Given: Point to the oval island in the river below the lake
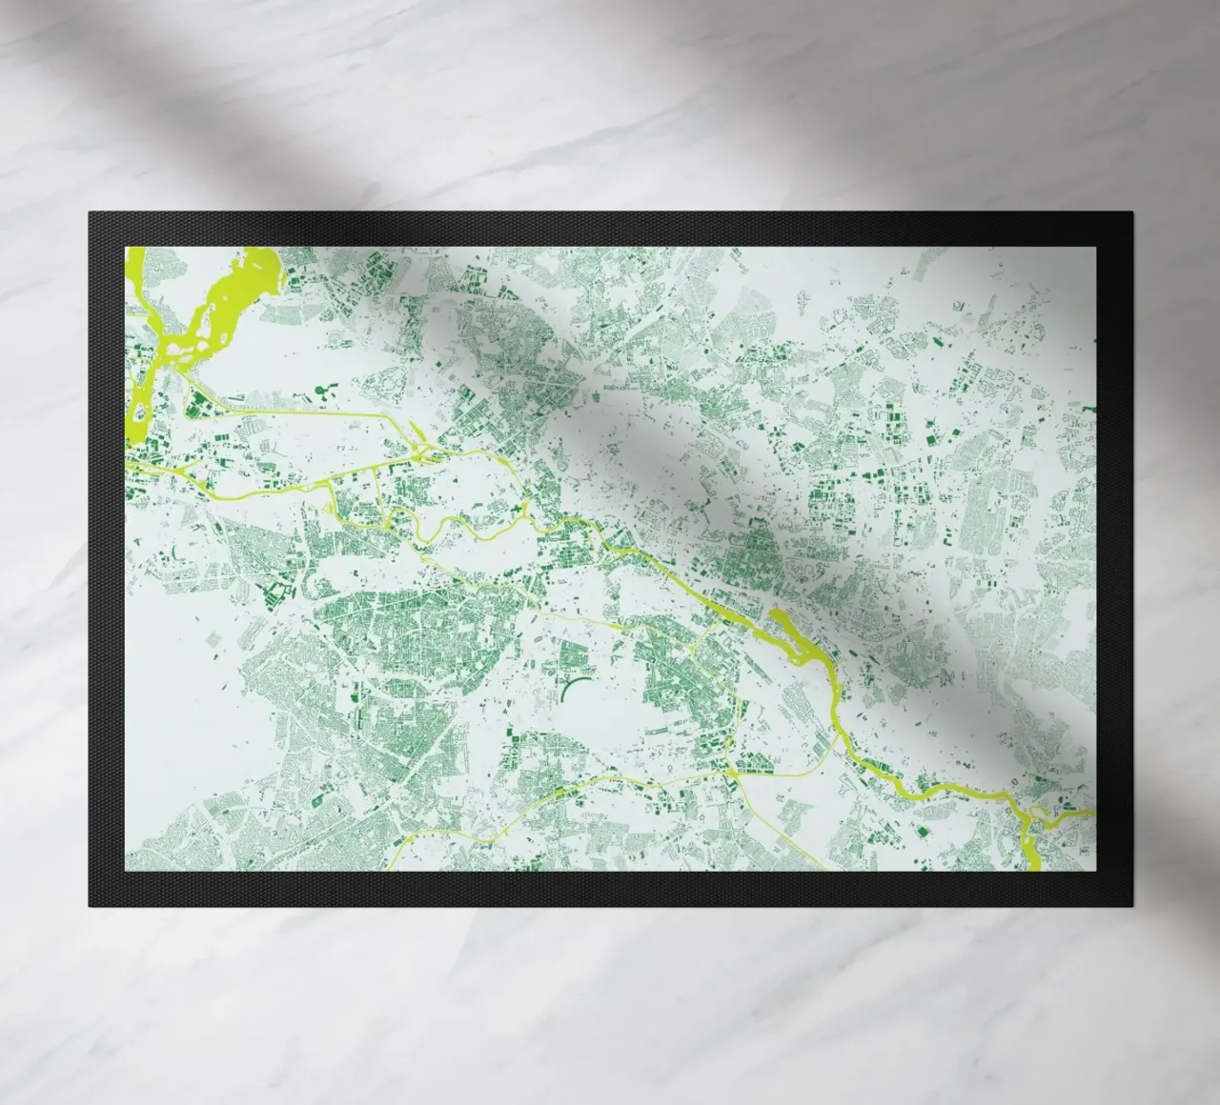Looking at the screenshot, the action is pyautogui.click(x=141, y=412).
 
